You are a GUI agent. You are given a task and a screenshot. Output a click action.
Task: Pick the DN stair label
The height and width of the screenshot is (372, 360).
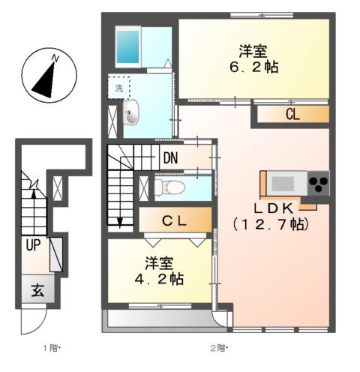(x=169, y=158)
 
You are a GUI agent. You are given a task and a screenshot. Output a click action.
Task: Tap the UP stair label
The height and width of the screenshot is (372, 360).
(x=34, y=244)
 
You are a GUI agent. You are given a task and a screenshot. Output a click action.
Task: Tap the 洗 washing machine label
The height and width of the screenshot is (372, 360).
(x=118, y=88)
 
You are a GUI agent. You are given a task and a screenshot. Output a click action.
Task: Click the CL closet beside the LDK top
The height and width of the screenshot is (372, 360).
(x=293, y=114)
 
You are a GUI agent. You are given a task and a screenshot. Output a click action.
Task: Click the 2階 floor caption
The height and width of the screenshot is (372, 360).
(x=218, y=348)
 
